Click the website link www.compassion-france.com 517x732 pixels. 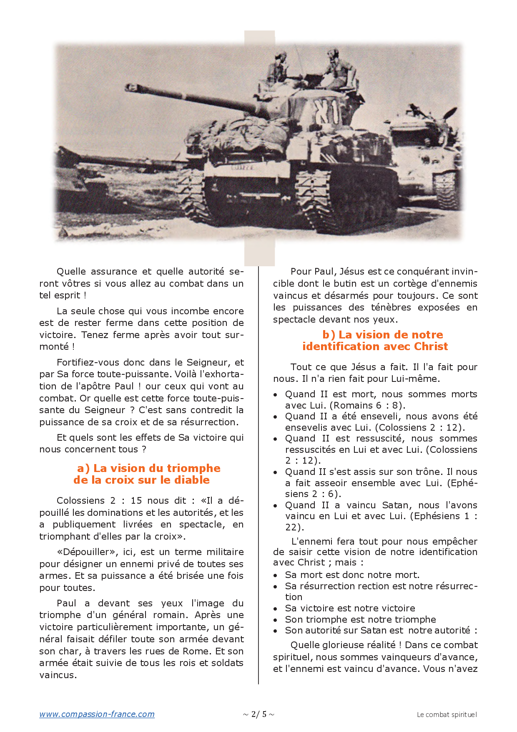click(97, 714)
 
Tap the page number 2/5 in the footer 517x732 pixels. click(258, 714)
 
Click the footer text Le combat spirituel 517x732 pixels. click(447, 714)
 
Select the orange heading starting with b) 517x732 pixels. click(375, 341)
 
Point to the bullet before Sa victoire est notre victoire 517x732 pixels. click(275, 609)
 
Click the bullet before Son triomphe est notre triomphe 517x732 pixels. click(275, 620)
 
